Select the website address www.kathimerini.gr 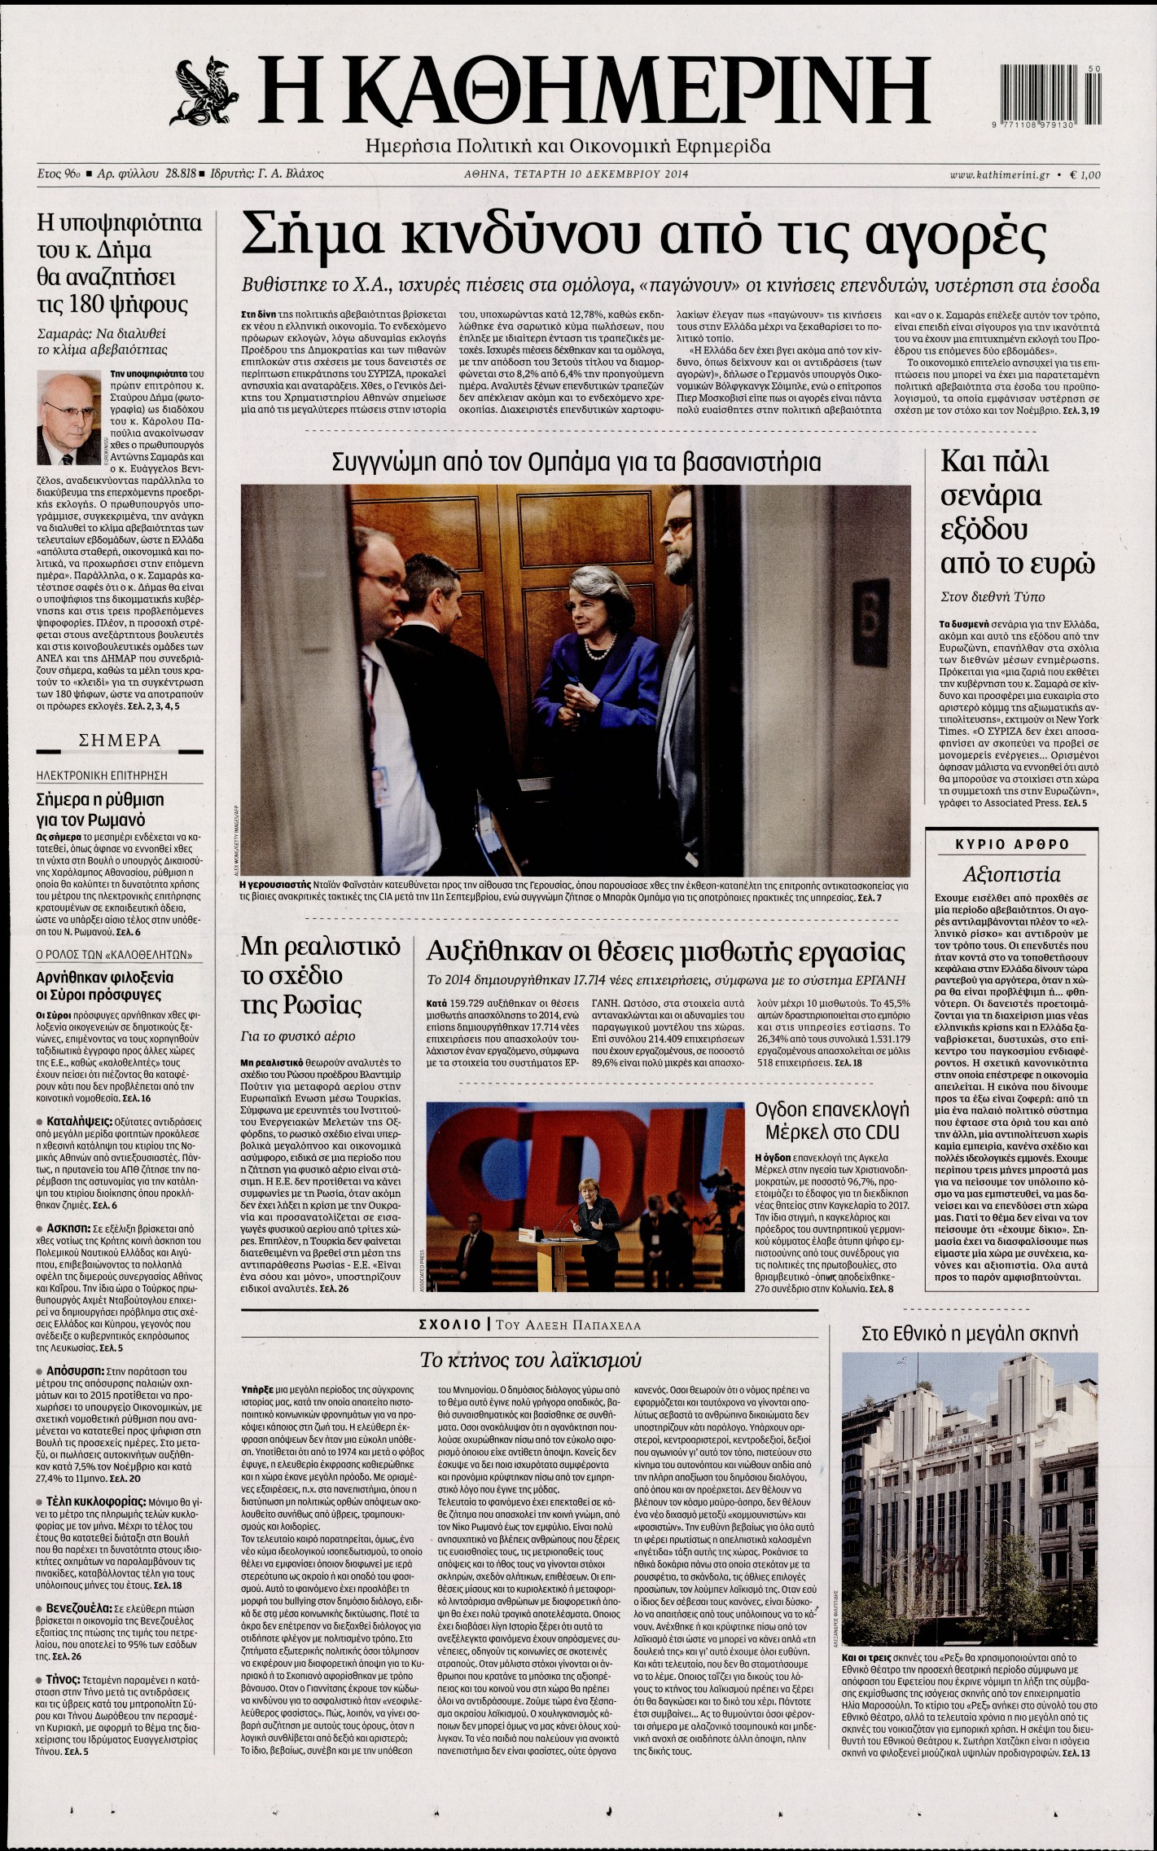(999, 174)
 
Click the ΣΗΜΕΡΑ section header (119, 741)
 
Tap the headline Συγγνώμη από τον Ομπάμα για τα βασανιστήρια (576, 462)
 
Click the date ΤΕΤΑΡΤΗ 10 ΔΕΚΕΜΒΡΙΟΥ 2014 (576, 174)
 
